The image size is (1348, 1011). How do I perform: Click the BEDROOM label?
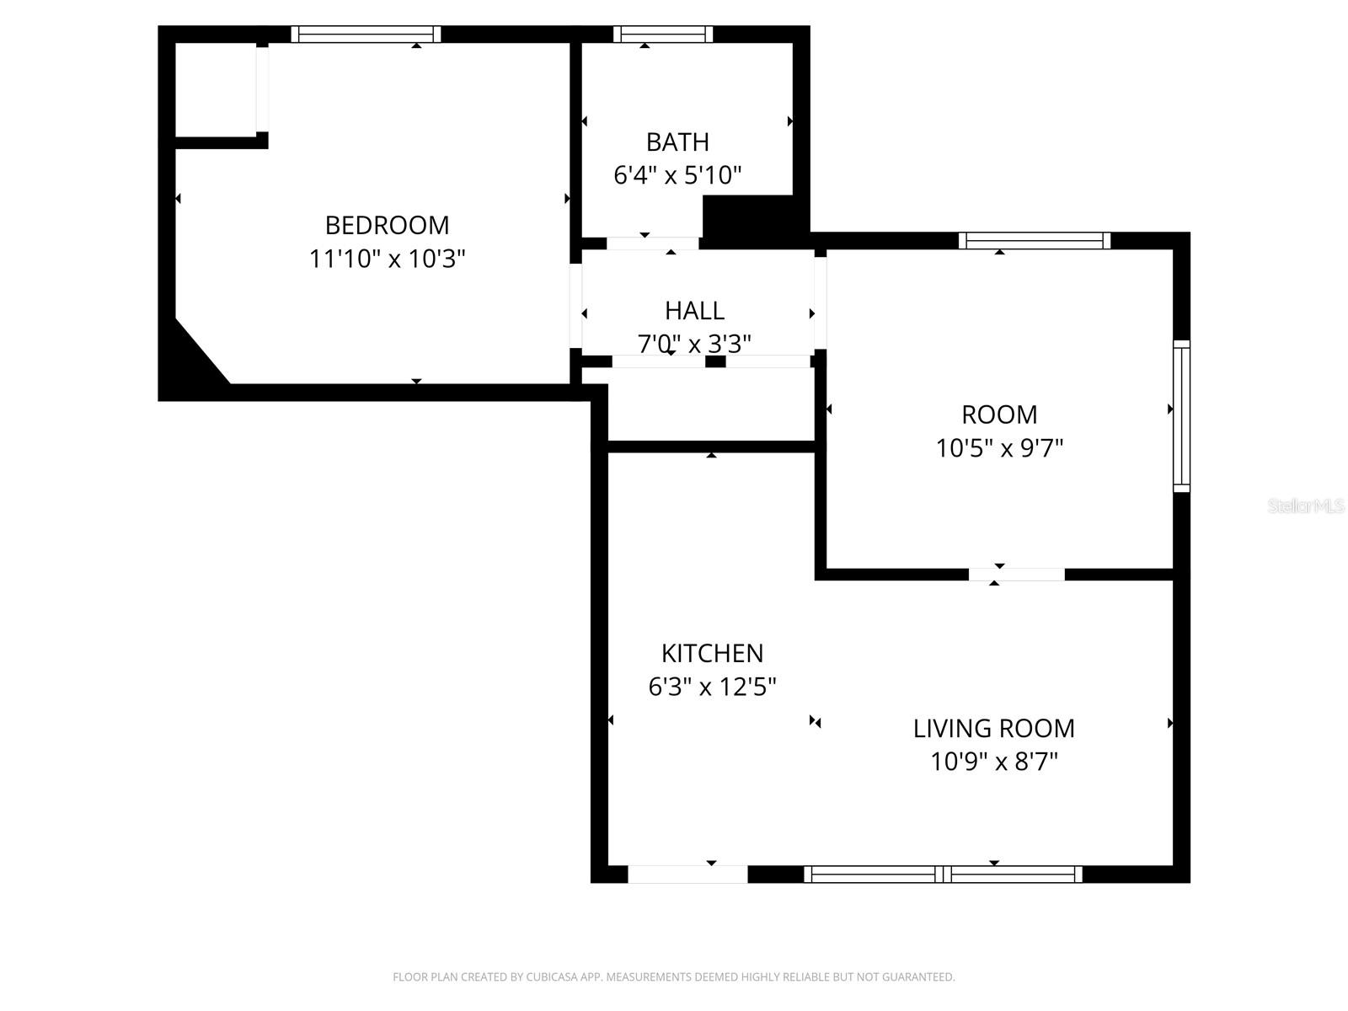(387, 225)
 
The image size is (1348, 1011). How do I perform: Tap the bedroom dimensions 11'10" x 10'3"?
(387, 259)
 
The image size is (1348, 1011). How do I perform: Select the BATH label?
(677, 142)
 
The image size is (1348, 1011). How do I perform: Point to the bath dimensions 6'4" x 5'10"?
(677, 175)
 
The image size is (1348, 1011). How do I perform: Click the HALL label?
(694, 311)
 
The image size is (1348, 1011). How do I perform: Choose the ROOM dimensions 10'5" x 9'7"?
(999, 448)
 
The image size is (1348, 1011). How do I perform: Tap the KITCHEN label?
(712, 653)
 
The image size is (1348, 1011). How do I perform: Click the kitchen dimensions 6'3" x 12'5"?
(712, 687)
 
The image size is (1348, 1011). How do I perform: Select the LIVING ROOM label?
(993, 728)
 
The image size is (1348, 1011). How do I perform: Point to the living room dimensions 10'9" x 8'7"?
(993, 762)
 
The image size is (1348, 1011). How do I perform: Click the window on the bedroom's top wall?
(366, 35)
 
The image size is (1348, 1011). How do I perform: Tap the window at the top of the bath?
(663, 35)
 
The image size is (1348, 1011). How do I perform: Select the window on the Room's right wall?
(1181, 416)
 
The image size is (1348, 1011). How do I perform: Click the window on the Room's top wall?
(1035, 241)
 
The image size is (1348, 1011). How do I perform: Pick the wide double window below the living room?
(943, 875)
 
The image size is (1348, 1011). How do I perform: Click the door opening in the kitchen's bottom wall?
(687, 875)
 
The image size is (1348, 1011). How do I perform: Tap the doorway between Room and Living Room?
(1016, 575)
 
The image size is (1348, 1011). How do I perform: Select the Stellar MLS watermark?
(1306, 506)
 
